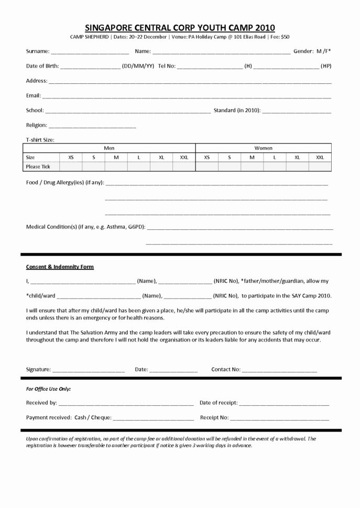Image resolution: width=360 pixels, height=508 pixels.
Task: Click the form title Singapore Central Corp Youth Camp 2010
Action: pos(180,28)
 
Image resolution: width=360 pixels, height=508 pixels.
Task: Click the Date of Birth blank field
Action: pos(90,67)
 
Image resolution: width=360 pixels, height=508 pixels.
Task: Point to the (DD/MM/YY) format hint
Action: pos(138,67)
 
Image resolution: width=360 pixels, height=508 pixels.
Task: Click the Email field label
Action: pos(34,96)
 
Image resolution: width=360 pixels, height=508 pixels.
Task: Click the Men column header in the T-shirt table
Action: pos(109,148)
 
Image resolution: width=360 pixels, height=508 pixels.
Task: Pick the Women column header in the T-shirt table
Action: pos(263,148)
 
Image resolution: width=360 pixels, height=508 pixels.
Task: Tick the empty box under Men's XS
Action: pos(71,167)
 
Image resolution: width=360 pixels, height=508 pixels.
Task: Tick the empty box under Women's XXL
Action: pos(320,167)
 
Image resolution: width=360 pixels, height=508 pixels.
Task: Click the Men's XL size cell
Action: pos(161,157)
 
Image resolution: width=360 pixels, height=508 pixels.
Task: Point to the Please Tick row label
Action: pos(38,167)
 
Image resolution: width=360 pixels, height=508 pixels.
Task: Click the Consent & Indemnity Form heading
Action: pos(60,267)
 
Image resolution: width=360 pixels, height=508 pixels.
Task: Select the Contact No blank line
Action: pos(279,370)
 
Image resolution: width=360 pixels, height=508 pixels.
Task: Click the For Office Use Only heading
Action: pos(48,389)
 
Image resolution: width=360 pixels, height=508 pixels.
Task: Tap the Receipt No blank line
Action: pos(279,418)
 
